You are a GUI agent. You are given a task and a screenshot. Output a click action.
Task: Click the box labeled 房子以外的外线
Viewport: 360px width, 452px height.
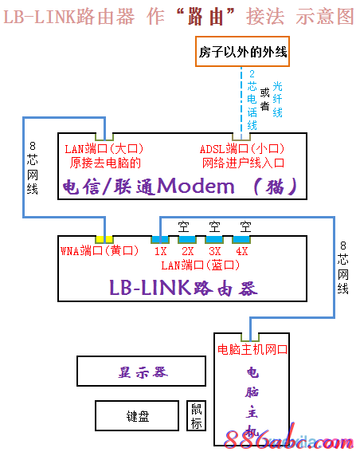tap(242, 53)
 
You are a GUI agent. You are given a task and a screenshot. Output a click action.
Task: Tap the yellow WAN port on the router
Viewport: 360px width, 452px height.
tap(104, 239)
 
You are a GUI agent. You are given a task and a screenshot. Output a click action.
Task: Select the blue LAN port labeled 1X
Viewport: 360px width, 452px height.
tap(160, 239)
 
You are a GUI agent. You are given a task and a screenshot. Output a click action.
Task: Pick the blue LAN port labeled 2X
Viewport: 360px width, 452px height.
tap(187, 239)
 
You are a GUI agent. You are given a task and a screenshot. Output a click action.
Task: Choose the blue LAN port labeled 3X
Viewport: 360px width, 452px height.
tap(214, 239)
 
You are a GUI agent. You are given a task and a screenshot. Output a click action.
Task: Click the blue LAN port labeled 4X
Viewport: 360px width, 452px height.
tap(241, 239)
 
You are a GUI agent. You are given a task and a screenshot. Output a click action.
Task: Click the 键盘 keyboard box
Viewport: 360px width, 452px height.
tap(137, 415)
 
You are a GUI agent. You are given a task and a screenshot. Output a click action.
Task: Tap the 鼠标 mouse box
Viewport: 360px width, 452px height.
tap(196, 415)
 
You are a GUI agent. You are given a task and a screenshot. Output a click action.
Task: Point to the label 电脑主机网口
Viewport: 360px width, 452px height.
tap(252, 349)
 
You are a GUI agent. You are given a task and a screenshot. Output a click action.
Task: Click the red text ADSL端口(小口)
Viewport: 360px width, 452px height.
tap(242, 148)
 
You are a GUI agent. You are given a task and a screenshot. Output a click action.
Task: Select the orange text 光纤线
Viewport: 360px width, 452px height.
tap(277, 99)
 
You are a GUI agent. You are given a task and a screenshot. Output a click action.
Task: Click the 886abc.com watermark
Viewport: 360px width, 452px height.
tap(295, 438)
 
